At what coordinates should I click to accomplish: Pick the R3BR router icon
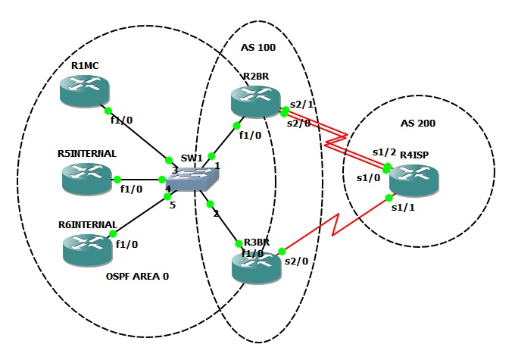pos(254,266)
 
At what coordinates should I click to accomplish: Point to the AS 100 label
pos(258,47)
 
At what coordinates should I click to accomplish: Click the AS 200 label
pos(418,123)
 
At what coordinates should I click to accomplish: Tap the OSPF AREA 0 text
pos(138,277)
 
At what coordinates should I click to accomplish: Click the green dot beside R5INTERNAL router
pos(117,180)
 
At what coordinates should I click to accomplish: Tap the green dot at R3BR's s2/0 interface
pos(280,251)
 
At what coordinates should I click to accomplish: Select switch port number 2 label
pos(216,214)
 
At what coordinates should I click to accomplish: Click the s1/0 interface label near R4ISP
pos(367,179)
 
